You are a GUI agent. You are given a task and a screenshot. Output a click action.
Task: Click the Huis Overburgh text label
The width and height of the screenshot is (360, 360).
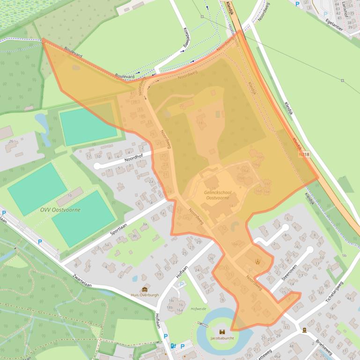[x=145, y=295]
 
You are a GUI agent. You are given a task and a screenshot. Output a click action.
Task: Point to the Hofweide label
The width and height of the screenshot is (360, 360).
[x=198, y=309]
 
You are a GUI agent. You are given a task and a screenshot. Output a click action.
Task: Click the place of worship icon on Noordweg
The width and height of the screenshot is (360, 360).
[x=257, y=261]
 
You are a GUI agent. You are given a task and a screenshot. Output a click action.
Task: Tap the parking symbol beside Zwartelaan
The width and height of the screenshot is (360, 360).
[x=40, y=242]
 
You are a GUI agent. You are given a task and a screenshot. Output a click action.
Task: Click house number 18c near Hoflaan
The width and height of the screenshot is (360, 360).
[x=171, y=301]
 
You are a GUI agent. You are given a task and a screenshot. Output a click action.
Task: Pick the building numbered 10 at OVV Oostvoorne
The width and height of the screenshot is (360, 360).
[x=70, y=195]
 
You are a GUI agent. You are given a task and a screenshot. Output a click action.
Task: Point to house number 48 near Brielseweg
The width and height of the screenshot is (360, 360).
[x=291, y=346]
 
